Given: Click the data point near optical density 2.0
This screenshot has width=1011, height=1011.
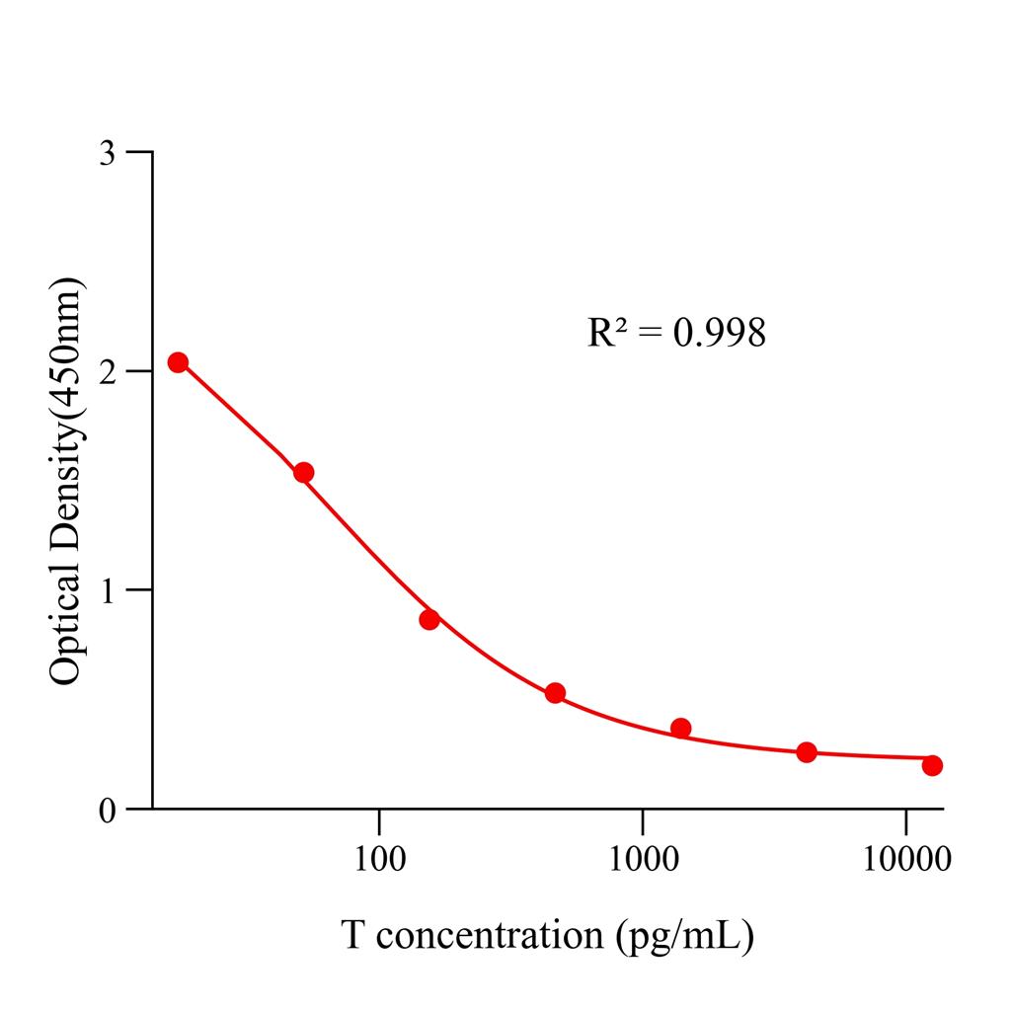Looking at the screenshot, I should tap(178, 362).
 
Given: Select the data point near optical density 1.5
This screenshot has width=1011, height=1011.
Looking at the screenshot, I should tap(303, 473).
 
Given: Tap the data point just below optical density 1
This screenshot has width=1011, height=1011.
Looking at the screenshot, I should tap(428, 620).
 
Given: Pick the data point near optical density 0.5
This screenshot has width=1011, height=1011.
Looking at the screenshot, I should tap(555, 693).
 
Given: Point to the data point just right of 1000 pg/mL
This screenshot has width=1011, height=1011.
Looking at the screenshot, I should tap(680, 729).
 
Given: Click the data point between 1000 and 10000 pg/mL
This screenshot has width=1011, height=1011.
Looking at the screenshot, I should tap(807, 752).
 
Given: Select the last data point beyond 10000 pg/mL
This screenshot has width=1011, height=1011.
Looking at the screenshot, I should tap(932, 765).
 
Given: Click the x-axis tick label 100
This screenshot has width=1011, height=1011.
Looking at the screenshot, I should tap(379, 859).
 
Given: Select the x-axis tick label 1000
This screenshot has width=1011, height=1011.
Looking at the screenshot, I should tap(643, 859).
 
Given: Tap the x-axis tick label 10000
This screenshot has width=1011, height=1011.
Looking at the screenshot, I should tap(905, 859).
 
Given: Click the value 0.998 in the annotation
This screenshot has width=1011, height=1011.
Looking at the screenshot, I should tap(719, 334).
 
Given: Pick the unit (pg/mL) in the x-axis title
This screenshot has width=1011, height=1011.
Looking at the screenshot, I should tap(684, 935).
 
